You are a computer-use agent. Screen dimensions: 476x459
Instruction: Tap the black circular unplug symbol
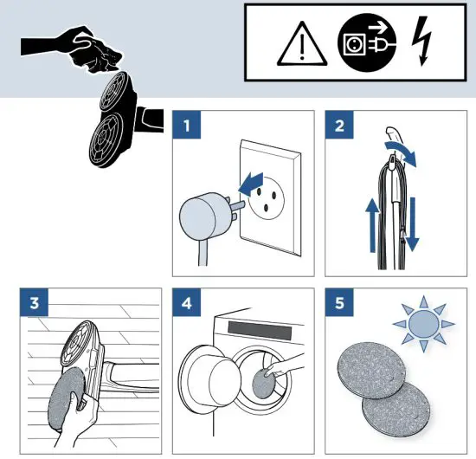[x=367, y=42]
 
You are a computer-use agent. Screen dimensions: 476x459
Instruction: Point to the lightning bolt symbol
[x=422, y=41]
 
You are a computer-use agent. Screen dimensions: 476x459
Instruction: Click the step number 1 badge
[x=187, y=125]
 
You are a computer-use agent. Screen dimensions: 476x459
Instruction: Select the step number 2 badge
[x=339, y=125]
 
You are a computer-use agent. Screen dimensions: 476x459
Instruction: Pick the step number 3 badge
[x=35, y=302]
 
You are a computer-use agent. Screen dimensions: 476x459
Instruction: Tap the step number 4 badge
[x=187, y=302]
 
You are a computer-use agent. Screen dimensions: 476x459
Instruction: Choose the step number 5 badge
[x=339, y=302]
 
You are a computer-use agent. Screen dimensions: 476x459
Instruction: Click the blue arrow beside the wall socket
[x=251, y=184]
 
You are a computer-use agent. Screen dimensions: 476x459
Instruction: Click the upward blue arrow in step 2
[x=373, y=225]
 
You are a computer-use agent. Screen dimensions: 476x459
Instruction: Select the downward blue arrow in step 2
[x=412, y=224]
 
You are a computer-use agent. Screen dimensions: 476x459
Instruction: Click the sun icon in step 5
[x=424, y=324]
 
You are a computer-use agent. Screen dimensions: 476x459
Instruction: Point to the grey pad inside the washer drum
[x=263, y=384]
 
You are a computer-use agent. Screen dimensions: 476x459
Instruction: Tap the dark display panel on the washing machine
[x=260, y=330]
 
